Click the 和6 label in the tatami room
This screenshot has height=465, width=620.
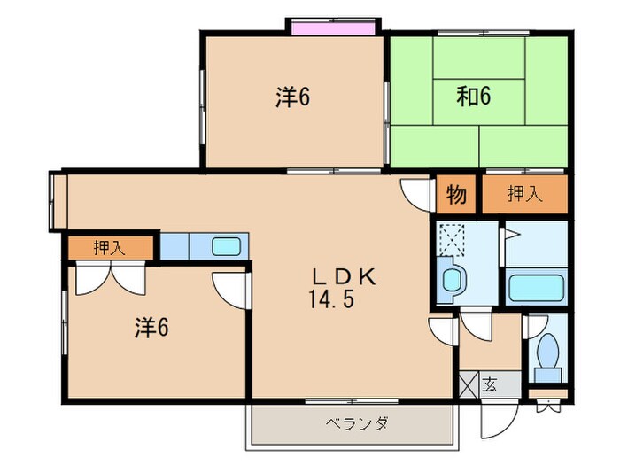click(x=475, y=95)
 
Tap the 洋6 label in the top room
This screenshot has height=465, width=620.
click(x=291, y=98)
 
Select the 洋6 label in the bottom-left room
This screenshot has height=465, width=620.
click(x=151, y=328)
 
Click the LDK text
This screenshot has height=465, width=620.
click(x=343, y=276)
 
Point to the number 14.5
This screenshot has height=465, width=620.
click(x=331, y=299)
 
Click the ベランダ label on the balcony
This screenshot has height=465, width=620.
click(x=353, y=423)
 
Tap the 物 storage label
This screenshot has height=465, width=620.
click(x=456, y=196)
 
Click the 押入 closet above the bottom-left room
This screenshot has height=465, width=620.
click(x=110, y=248)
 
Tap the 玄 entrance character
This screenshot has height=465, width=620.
click(x=490, y=384)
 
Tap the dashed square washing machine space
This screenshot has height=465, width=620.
click(x=457, y=238)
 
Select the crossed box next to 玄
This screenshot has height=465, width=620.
click(x=469, y=385)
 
